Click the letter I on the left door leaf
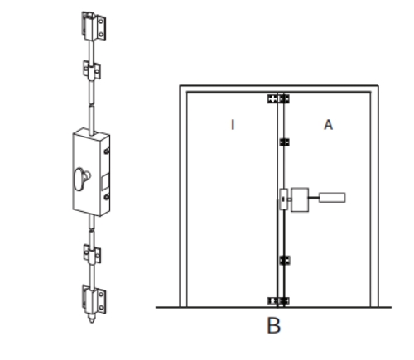[x=233, y=125]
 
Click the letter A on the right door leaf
[x=328, y=125]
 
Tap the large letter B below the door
[x=274, y=325]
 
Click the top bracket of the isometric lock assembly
[x=94, y=26]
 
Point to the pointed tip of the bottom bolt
[x=92, y=322]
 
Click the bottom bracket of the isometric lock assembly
[x=94, y=300]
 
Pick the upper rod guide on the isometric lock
[x=92, y=70]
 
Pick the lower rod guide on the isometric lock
[x=92, y=254]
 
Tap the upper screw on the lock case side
[x=107, y=151]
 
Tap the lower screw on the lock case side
[x=107, y=197]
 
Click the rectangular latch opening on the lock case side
[x=106, y=181]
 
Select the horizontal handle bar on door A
[x=332, y=198]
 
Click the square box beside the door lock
[x=300, y=200]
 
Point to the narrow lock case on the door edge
[x=283, y=199]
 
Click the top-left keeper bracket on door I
[x=272, y=98]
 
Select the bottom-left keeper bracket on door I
[x=272, y=300]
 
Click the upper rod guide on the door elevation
[x=284, y=142]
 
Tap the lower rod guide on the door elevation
[x=285, y=260]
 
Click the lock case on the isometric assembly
[x=91, y=172]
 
